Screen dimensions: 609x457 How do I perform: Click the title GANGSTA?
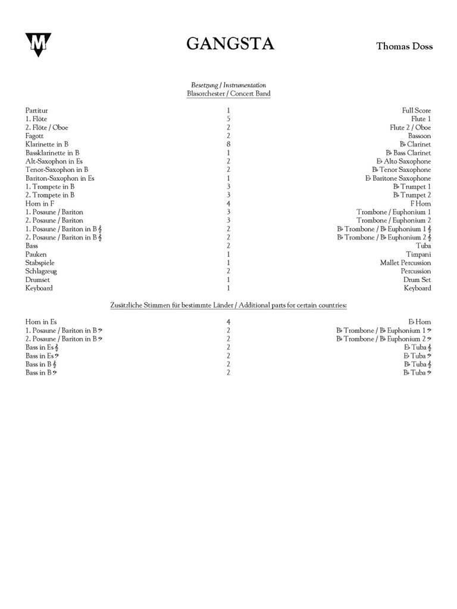click(x=230, y=45)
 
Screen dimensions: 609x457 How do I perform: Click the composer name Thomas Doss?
click(x=404, y=46)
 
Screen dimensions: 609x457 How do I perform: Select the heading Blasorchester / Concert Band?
click(x=228, y=94)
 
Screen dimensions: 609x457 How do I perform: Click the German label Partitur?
click(x=36, y=111)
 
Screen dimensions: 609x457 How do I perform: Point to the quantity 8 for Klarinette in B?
click(x=228, y=145)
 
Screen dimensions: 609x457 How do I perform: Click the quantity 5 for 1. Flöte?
click(x=228, y=119)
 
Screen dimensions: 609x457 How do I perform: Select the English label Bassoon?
click(x=419, y=136)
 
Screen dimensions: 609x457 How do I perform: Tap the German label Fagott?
click(x=35, y=136)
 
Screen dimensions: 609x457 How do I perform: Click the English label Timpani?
click(x=418, y=255)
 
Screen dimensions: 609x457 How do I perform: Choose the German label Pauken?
click(x=36, y=255)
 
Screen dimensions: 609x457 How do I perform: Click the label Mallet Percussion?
click(x=405, y=263)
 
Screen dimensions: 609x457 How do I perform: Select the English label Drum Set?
click(x=418, y=280)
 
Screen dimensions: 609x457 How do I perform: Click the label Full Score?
click(x=417, y=111)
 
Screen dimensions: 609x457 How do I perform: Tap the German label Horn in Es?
click(x=41, y=322)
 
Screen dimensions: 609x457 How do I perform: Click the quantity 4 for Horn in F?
click(x=228, y=204)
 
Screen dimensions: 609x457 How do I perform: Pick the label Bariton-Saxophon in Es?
click(x=60, y=178)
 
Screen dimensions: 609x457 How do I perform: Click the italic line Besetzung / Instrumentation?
click(x=228, y=85)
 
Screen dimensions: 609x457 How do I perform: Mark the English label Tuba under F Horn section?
click(x=423, y=246)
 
